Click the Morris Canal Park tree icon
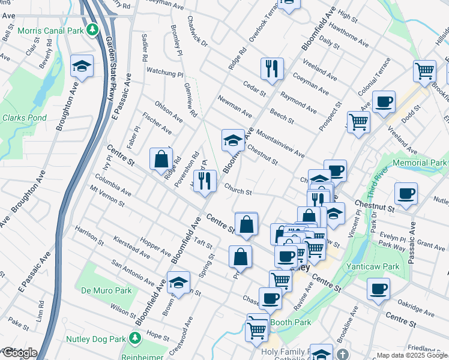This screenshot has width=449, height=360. pos(92,29)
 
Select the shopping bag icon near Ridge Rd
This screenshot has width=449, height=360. pos(161,159)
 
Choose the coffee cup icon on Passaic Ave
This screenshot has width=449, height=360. pos(406,194)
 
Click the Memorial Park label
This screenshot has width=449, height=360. pos(420,163)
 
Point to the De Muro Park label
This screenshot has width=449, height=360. pos(106,290)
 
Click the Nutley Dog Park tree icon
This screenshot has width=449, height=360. pos(136,338)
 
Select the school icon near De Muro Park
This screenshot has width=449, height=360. pos(178,282)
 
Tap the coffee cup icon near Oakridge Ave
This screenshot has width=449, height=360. pos(379,289)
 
